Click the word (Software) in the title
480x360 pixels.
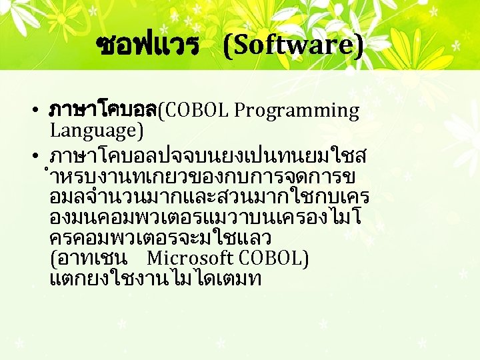(x=294, y=45)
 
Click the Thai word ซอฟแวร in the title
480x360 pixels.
(x=148, y=45)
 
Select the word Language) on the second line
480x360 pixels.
(x=97, y=130)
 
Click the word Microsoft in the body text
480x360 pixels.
(x=189, y=258)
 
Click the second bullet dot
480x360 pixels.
(x=41, y=156)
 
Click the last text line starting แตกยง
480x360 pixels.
(x=155, y=279)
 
